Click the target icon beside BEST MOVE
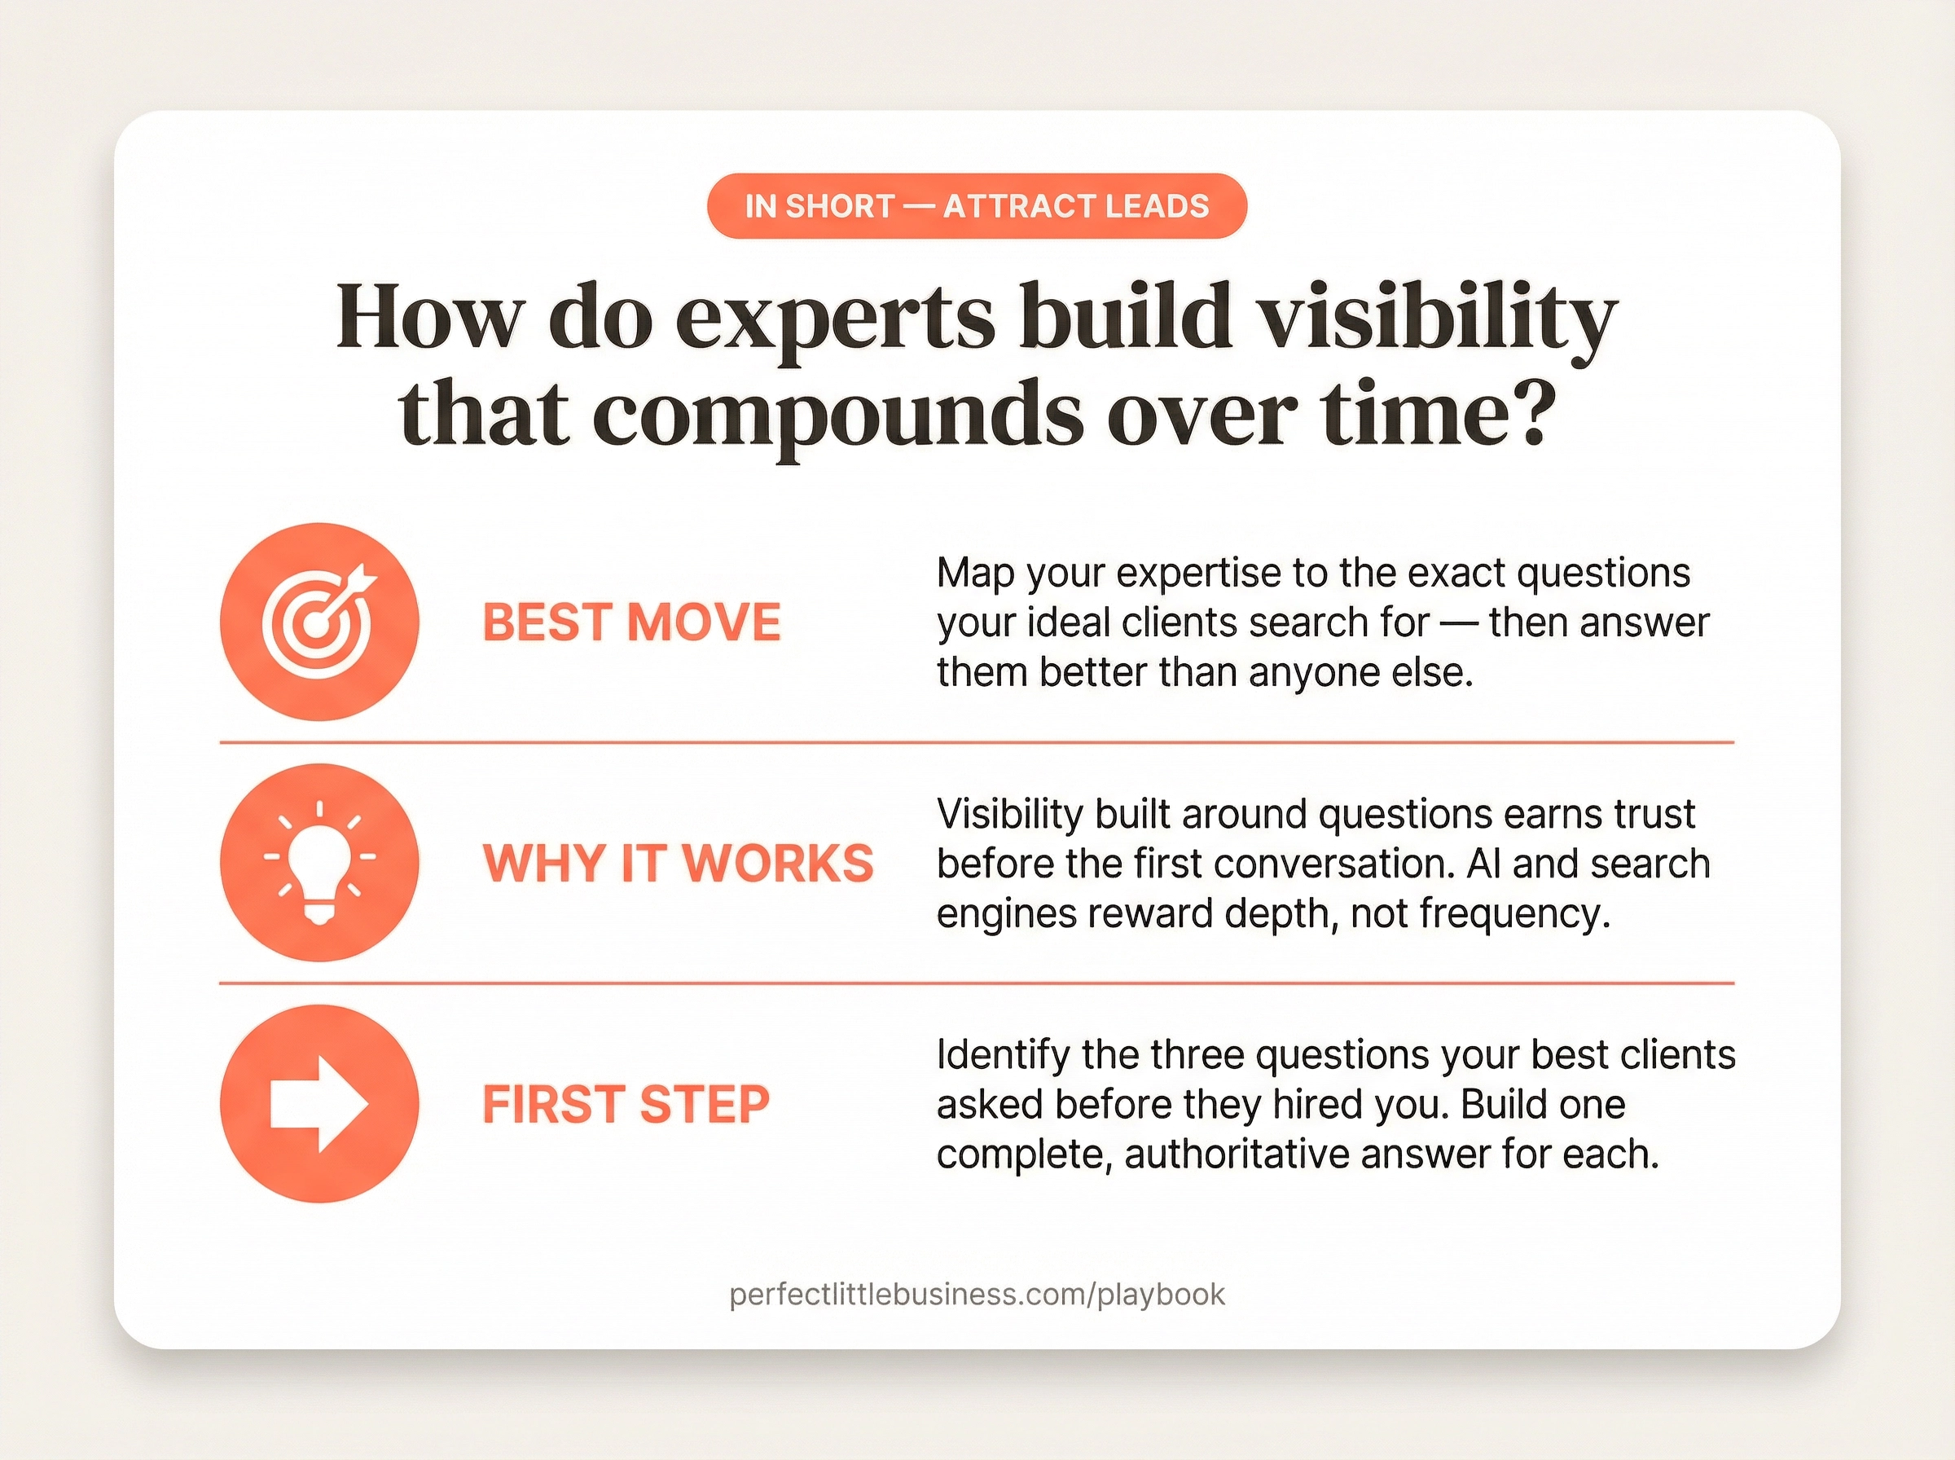pos(319,622)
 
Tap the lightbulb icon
pos(319,863)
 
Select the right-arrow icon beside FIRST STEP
pos(319,1104)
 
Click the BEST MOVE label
pos(631,622)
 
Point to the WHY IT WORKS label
pos(678,863)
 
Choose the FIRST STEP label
pos(626,1104)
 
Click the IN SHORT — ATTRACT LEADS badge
pos(976,206)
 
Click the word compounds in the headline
pos(837,416)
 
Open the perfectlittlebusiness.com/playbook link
pos(977,1295)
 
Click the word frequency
pos(1514,914)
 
